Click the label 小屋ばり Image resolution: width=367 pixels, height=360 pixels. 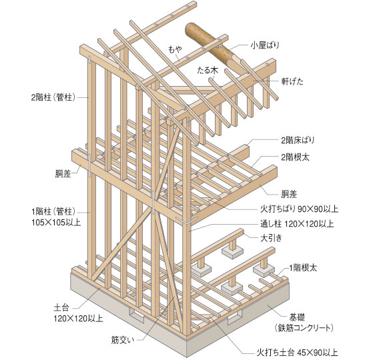[x=265, y=45]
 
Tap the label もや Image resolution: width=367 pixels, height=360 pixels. [x=175, y=49]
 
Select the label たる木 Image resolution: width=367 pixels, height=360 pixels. [x=208, y=70]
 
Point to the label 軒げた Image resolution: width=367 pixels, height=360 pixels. [x=292, y=81]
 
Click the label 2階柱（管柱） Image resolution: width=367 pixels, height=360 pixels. [x=53, y=97]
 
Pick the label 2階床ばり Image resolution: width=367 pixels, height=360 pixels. [x=298, y=140]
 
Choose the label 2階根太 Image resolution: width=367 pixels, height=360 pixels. [x=295, y=157]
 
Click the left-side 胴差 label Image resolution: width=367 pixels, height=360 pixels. [x=63, y=173]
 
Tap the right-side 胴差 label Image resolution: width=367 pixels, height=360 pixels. [x=289, y=194]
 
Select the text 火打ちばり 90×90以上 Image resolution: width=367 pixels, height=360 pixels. [x=300, y=209]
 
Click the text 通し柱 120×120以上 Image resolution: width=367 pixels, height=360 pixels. [x=297, y=224]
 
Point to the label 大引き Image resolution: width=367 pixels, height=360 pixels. [x=272, y=238]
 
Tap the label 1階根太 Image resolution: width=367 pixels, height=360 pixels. [x=303, y=267]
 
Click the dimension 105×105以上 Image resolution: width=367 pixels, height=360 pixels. [x=56, y=222]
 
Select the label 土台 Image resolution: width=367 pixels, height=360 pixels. [x=61, y=307]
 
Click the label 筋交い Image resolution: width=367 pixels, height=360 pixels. [x=123, y=340]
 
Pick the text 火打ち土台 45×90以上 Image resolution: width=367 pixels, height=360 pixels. [x=297, y=352]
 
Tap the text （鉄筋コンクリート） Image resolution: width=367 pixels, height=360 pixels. [x=304, y=328]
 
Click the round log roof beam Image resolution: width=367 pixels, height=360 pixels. [x=212, y=45]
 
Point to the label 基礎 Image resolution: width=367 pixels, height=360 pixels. [x=297, y=317]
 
